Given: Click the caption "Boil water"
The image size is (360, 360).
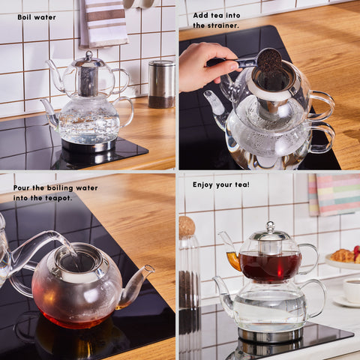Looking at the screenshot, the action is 37,17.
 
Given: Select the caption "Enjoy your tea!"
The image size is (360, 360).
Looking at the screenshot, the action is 221,184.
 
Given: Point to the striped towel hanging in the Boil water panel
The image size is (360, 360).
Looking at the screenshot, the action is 103,23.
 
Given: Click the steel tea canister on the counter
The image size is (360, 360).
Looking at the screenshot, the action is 161,84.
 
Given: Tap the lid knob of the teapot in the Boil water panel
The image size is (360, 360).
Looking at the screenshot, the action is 89,54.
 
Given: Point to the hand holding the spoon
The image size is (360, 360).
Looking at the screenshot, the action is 205,66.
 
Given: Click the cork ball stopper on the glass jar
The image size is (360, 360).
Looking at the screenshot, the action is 187,227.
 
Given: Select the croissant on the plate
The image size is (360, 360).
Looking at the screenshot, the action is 343,256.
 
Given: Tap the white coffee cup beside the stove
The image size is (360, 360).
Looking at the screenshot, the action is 352,290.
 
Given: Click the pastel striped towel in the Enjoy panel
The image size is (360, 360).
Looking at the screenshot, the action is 334,195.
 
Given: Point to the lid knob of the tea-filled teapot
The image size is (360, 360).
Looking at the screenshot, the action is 271,226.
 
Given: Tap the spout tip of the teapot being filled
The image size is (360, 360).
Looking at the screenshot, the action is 149,268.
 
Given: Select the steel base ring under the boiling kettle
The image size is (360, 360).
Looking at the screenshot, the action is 88,145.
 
